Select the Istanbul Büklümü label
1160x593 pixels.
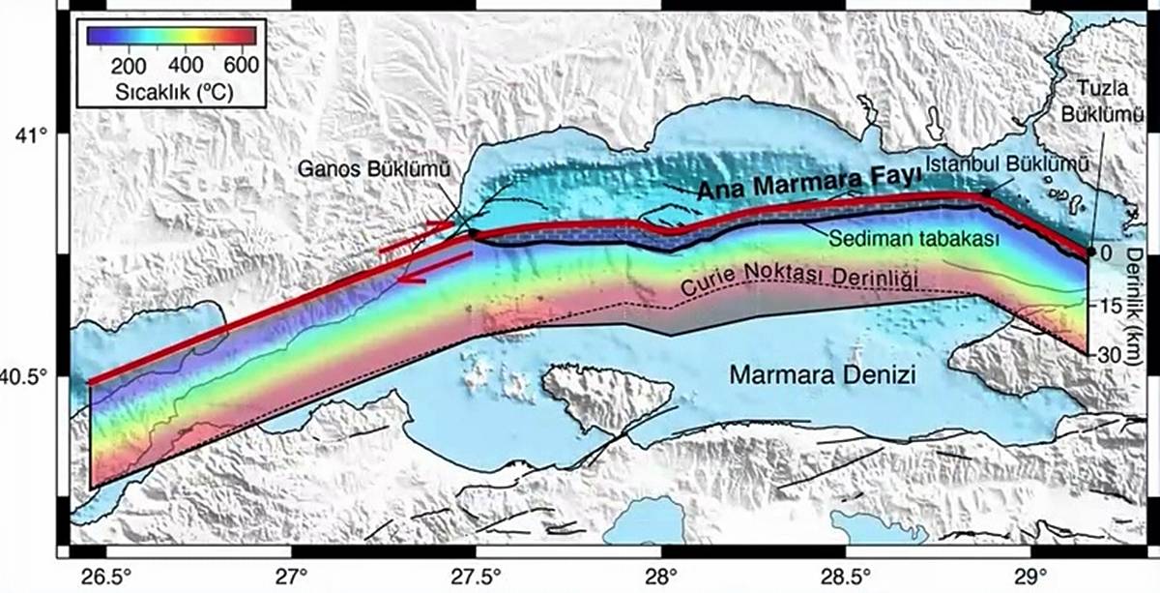coord(1005,165)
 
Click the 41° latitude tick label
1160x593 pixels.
coord(30,133)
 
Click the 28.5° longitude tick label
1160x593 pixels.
coord(847,575)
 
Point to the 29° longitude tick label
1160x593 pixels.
coord(1031,575)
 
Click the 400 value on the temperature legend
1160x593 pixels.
coord(183,66)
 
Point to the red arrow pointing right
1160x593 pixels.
coord(416,235)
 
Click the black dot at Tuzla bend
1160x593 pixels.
coord(1090,252)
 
